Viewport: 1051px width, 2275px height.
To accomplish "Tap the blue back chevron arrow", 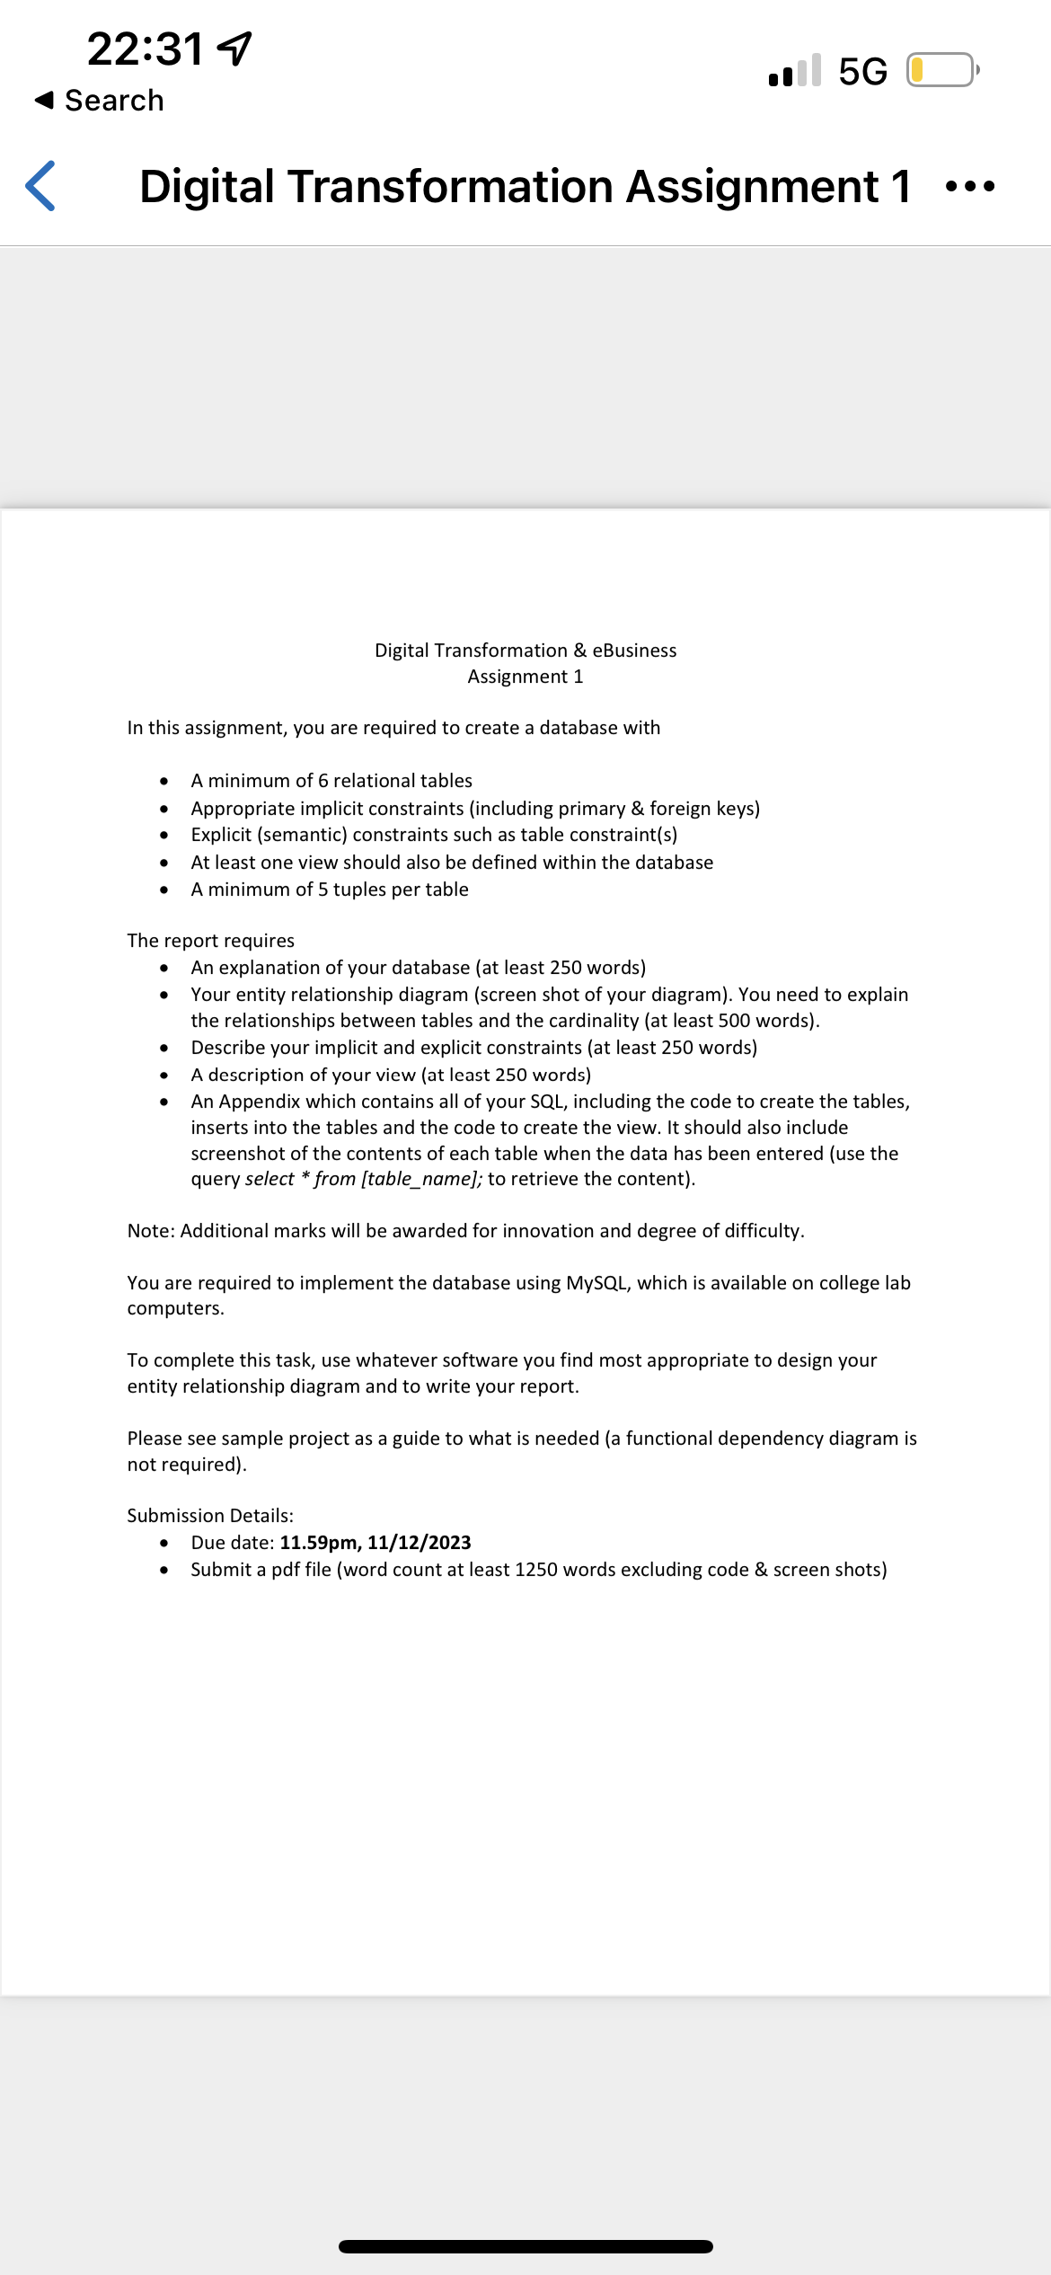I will pyautogui.click(x=41, y=186).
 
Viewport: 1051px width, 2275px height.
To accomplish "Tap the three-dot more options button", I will pyautogui.click(x=970, y=187).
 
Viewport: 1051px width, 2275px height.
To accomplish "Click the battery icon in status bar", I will pyautogui.click(x=941, y=70).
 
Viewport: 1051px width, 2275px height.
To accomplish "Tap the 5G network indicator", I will pyautogui.click(x=862, y=71).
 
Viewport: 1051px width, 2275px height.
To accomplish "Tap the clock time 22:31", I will pyautogui.click(x=146, y=49).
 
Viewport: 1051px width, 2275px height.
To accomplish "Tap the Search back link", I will pyautogui.click(x=100, y=101).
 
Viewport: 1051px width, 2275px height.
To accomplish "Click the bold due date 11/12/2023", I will pyautogui.click(x=419, y=1543).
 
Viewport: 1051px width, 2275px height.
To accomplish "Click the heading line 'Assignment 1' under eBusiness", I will pyautogui.click(x=525, y=677).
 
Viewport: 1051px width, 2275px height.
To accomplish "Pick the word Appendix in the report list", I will pyautogui.click(x=260, y=1102).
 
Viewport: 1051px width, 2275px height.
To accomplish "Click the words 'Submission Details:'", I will pyautogui.click(x=210, y=1516).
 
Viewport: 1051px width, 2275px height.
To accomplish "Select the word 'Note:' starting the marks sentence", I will pyautogui.click(x=151, y=1231).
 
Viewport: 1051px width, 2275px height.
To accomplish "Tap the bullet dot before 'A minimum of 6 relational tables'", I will pyautogui.click(x=163, y=781).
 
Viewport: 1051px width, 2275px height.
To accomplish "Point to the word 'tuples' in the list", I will pyautogui.click(x=361, y=890).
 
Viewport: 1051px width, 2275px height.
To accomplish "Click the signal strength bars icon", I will pyautogui.click(x=795, y=71).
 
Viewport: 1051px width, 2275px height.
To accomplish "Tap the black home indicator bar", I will pyautogui.click(x=525, y=2246).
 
